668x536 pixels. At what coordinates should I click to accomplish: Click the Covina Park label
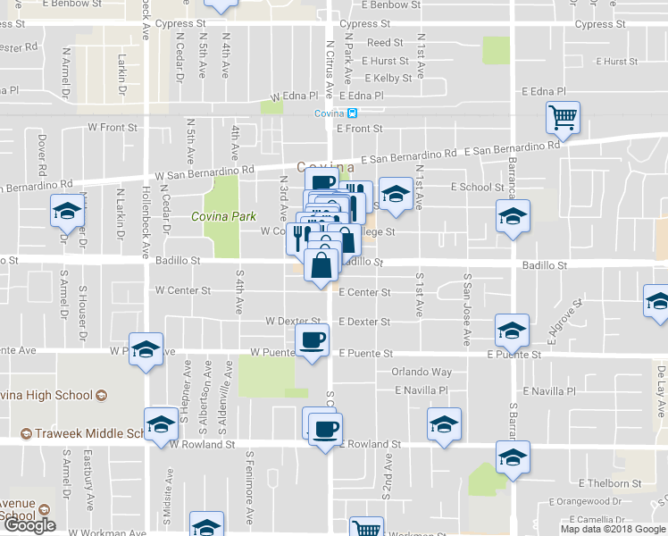[x=223, y=216]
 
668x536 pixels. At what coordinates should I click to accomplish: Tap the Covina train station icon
[x=352, y=113]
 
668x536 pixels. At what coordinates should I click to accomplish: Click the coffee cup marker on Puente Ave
[x=313, y=340]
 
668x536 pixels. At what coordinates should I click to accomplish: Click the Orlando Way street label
[x=422, y=372]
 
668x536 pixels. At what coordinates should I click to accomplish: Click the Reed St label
[x=385, y=43]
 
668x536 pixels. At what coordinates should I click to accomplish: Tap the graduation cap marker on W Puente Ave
[x=146, y=350]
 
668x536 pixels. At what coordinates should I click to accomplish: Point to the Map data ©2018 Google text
[x=613, y=529]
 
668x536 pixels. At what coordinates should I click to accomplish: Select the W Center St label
[x=182, y=290]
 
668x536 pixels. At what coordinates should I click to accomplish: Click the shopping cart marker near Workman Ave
[x=366, y=529]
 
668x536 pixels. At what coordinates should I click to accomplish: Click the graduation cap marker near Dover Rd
[x=67, y=211]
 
